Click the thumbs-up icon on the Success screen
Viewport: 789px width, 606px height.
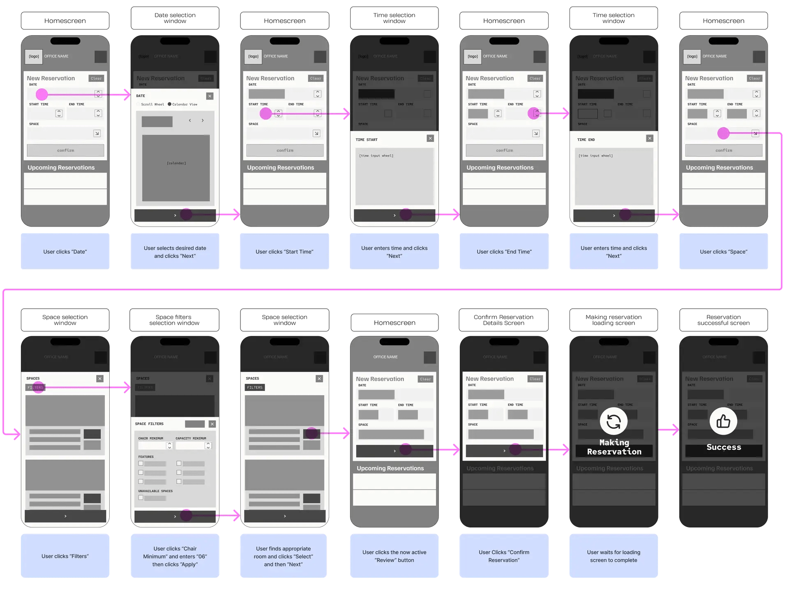(x=723, y=421)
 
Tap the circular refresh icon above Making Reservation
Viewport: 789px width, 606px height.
(x=614, y=421)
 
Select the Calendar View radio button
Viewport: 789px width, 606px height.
(x=170, y=104)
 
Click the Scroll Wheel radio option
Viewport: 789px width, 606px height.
(x=138, y=104)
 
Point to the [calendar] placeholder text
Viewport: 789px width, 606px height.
(x=176, y=163)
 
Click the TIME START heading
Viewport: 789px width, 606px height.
(x=367, y=140)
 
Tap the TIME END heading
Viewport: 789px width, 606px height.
(x=586, y=140)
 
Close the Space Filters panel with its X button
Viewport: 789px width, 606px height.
(x=212, y=424)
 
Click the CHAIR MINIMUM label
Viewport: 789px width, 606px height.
(x=150, y=438)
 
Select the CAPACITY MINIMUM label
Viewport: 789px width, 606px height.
(x=191, y=438)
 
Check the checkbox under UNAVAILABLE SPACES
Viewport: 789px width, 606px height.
(x=141, y=498)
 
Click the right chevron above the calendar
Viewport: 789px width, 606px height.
(x=203, y=120)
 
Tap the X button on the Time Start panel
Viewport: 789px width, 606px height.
(x=430, y=138)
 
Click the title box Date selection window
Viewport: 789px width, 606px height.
(x=175, y=18)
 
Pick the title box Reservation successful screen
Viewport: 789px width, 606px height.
(x=723, y=320)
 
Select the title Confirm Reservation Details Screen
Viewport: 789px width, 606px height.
(x=504, y=320)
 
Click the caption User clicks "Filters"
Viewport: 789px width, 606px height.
(x=65, y=556)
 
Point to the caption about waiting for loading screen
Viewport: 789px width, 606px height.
(x=614, y=556)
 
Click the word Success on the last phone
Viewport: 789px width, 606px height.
(x=724, y=447)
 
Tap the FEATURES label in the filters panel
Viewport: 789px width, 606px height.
(x=146, y=457)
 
